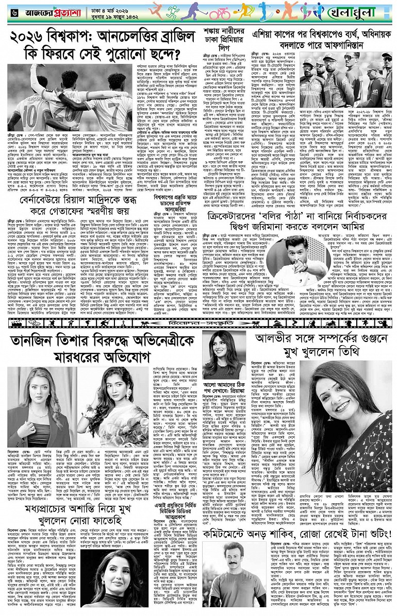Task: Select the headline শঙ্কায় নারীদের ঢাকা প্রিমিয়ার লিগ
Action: [x=219, y=38]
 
